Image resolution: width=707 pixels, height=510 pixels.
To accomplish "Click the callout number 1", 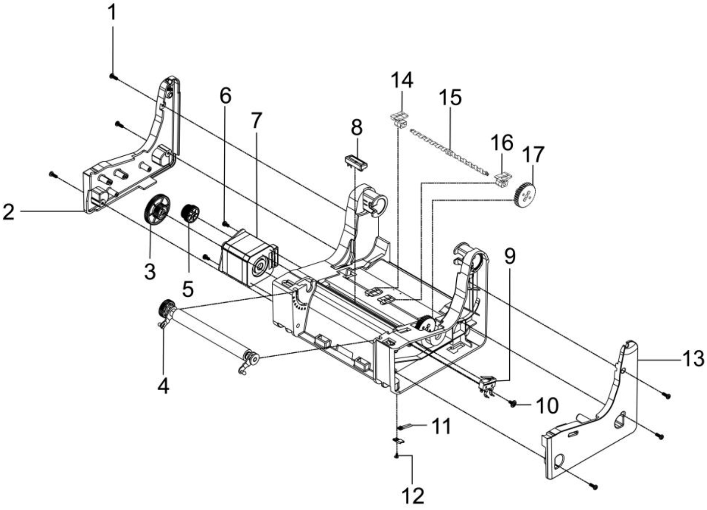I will pos(113,12).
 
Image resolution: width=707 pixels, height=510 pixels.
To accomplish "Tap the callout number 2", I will pos(8,212).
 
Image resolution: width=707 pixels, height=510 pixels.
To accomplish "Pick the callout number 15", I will pos(450,97).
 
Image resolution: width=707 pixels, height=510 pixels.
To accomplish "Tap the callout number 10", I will pos(547,406).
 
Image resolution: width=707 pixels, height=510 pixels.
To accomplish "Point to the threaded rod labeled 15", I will pos(449,151).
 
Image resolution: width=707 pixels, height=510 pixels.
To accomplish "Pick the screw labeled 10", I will pos(513,403).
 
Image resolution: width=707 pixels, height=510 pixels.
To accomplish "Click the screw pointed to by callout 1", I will pos(112,76).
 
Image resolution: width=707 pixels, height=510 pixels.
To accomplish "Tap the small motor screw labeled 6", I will pos(225,224).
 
